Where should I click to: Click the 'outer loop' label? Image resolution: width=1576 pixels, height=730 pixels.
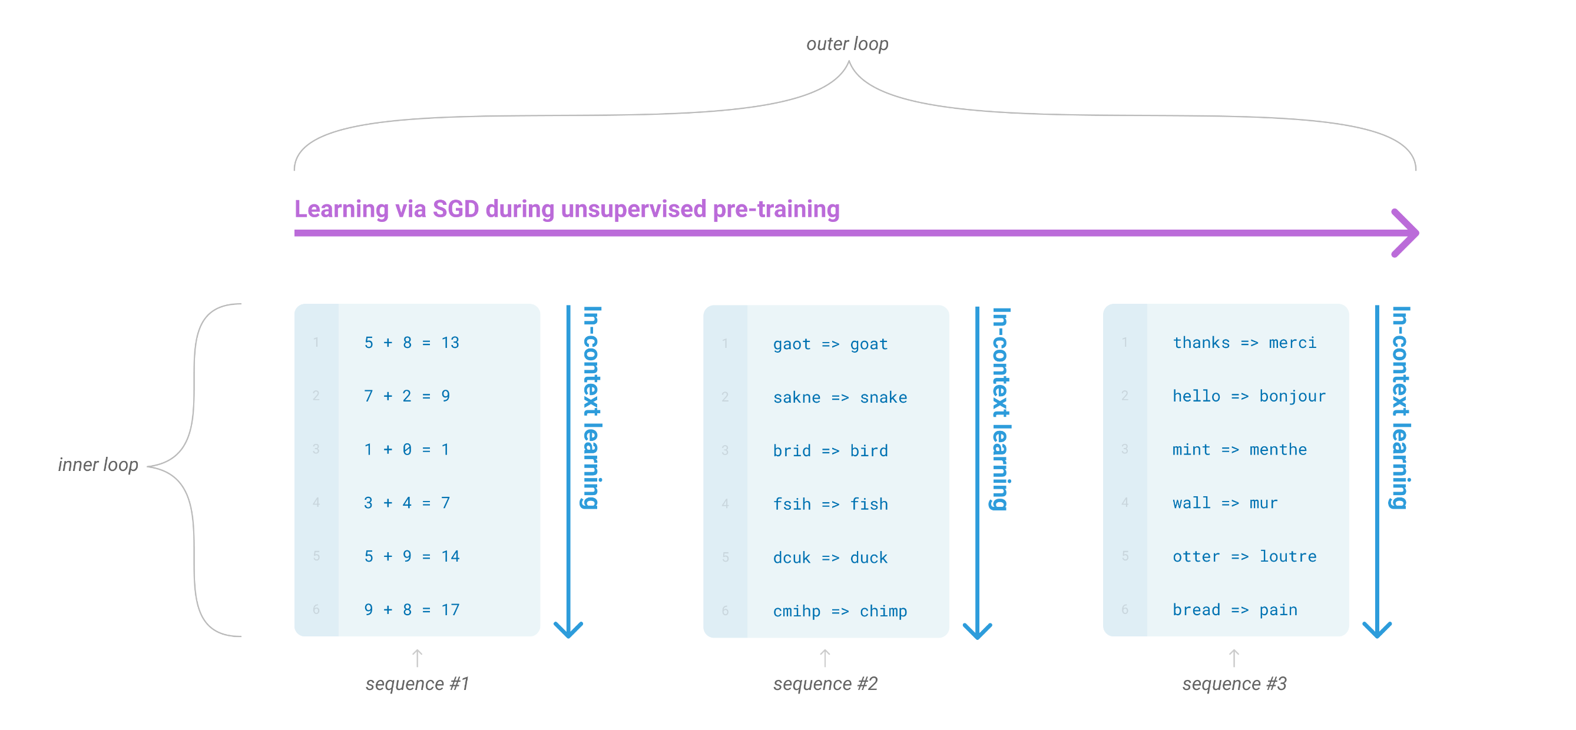point(847,44)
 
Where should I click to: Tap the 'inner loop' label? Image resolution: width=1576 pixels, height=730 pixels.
point(98,464)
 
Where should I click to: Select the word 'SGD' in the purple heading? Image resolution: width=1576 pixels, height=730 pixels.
point(455,209)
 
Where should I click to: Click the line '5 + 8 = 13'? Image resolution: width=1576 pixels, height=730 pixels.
point(411,343)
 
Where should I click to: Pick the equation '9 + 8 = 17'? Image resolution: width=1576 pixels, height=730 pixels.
point(411,609)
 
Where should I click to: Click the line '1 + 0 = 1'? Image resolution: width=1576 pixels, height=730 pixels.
point(406,449)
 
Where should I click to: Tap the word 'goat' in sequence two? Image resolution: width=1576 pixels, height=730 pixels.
point(869,344)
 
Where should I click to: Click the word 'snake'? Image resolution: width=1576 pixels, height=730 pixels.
point(883,397)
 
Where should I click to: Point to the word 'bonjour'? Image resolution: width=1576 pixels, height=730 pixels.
point(1292,396)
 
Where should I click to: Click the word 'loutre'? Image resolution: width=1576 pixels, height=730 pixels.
point(1288,556)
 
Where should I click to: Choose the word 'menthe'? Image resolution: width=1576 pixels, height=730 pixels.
point(1278,449)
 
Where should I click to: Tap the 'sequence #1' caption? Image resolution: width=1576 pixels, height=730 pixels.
point(417,683)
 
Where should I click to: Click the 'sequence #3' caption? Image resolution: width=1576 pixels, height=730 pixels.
point(1234,683)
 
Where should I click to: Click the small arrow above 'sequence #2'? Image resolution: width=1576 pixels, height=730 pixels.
point(825,658)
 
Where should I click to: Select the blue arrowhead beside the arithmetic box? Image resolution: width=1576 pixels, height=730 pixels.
point(568,630)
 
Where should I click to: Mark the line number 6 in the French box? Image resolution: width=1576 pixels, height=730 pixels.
point(1124,609)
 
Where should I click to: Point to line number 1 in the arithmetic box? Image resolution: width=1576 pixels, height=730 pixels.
point(316,343)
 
